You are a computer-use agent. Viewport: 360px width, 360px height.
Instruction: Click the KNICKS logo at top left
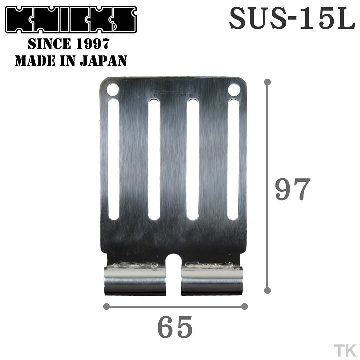71,20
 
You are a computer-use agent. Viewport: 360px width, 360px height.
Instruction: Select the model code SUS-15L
292,20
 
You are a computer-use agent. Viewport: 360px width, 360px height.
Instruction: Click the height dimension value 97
293,189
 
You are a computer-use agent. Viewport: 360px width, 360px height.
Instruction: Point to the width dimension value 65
175,328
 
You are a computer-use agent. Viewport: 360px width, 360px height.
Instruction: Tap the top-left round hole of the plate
113,90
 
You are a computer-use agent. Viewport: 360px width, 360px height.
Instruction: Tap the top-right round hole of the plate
234,90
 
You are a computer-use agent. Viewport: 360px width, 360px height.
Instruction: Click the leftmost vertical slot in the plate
114,159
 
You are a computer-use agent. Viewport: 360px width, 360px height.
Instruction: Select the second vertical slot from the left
154,159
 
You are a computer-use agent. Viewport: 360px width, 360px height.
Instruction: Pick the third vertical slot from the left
193,159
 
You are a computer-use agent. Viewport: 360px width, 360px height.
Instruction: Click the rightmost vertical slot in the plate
233,159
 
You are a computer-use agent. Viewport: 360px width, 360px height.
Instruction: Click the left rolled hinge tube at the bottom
135,281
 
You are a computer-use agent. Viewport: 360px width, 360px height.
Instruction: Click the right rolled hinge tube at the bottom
212,281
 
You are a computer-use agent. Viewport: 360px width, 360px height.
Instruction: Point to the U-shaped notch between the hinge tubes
173,270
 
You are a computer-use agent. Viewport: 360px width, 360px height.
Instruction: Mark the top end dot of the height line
268,81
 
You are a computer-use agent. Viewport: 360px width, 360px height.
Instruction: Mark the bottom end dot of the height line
268,290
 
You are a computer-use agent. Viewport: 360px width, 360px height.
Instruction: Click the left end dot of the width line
106,306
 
